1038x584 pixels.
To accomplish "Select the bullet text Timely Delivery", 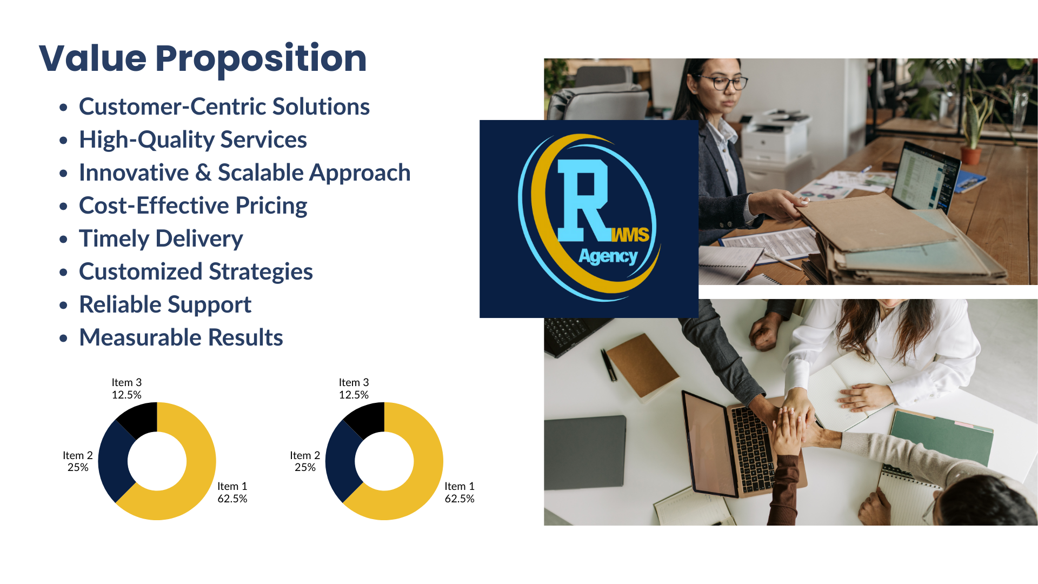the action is pos(161,239).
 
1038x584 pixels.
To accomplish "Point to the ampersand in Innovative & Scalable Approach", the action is pos(203,173).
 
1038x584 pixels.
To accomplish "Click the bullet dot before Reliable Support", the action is pos(64,305).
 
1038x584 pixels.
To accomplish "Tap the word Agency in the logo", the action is pos(608,256).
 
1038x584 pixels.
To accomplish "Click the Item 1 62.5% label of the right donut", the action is pos(460,493).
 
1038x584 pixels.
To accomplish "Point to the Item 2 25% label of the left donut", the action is pos(78,461).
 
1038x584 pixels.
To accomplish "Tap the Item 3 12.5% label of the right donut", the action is pos(354,389).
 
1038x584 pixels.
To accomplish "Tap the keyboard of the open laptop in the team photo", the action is pos(753,449).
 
